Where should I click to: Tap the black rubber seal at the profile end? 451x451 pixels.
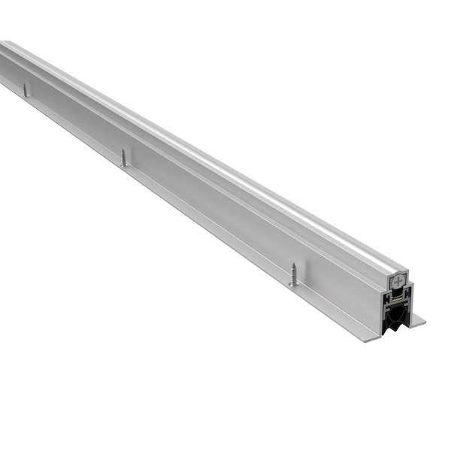click(395, 316)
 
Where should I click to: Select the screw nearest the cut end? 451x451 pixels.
click(292, 274)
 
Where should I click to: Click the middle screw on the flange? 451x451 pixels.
click(124, 157)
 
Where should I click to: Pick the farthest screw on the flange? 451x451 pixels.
click(26, 89)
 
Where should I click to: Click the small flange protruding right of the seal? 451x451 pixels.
click(417, 320)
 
